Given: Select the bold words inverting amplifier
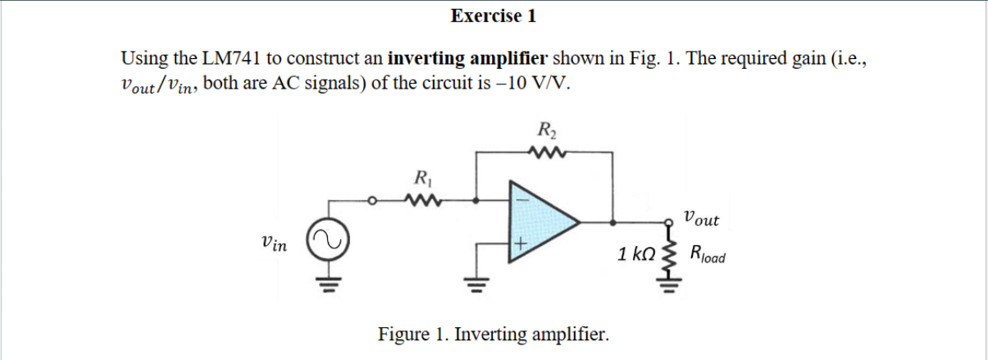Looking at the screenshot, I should point(467,59).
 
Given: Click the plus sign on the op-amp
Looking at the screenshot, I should point(518,244).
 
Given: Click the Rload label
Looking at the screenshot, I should point(708,253).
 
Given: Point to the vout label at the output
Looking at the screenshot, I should point(701,219).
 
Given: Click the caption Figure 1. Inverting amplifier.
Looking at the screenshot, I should point(493,335).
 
